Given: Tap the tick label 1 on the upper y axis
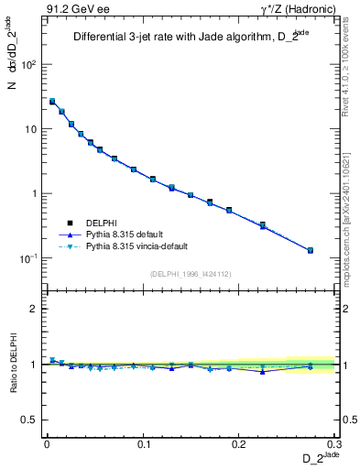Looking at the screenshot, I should [33, 194].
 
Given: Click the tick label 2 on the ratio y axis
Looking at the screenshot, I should [33, 309].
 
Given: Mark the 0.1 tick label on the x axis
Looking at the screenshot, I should [143, 444].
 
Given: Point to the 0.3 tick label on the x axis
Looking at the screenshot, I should [335, 444].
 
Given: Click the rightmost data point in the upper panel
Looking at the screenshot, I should [310, 250].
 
